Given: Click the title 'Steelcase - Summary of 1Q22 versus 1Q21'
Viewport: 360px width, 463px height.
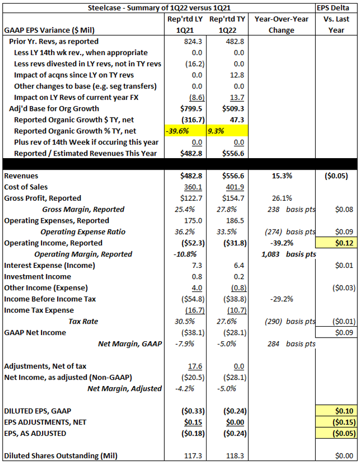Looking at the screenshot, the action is (159, 8).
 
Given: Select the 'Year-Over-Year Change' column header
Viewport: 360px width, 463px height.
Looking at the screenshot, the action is (281, 24).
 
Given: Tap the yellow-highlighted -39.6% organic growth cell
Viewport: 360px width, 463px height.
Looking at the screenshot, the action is (185, 131).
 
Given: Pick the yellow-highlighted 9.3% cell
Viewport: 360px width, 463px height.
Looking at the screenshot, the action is (227, 131).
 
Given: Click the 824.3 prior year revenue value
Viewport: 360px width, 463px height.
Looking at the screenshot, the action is (193, 41).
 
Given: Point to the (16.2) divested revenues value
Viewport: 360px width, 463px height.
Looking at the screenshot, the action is (195, 64).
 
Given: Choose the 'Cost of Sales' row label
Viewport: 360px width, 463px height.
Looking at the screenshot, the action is (25, 187).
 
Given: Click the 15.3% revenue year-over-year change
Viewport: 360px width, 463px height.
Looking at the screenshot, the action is (282, 176).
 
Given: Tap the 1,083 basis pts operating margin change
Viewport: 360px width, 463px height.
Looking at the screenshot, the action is (289, 254).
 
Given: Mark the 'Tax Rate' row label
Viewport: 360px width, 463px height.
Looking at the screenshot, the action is (83, 321).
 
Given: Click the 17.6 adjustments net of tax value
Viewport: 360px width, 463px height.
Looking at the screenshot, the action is (195, 366).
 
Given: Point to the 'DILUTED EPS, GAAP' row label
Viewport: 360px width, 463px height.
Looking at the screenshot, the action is (37, 411).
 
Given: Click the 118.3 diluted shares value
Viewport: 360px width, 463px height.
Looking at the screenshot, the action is (235, 456).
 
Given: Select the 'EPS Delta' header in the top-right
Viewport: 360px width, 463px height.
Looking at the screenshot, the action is (333, 8).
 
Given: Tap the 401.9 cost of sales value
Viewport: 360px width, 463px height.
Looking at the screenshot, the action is (235, 187).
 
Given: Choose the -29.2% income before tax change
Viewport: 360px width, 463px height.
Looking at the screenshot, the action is (282, 299).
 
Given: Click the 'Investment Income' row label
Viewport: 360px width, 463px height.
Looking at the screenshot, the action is (37, 277).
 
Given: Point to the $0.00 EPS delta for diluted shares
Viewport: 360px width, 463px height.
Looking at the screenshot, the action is (344, 456).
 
